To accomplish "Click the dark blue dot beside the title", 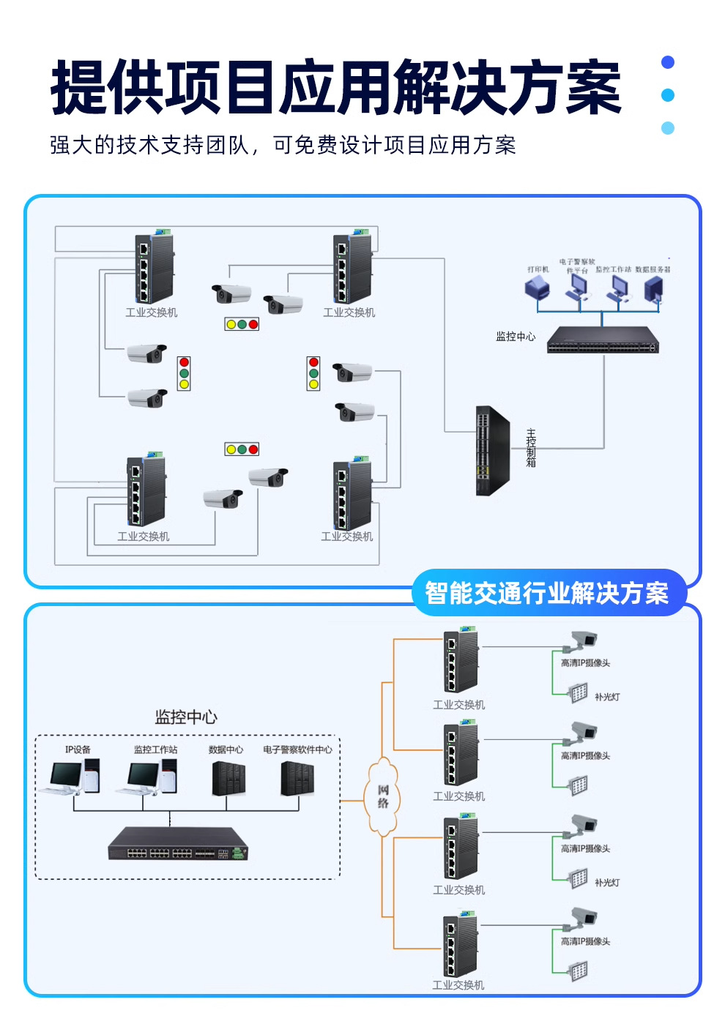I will pyautogui.click(x=667, y=62).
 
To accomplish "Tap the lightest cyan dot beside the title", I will pyautogui.click(x=667, y=128).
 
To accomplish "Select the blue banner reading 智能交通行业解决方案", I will pyautogui.click(x=547, y=593).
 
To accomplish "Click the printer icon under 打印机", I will pyautogui.click(x=537, y=288).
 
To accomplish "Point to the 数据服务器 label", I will pyautogui.click(x=652, y=269).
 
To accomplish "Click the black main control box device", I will pyautogui.click(x=492, y=451).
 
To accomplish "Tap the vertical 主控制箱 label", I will pyautogui.click(x=531, y=448).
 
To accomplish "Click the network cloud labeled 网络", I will pyautogui.click(x=382, y=796).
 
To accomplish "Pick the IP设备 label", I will pyautogui.click(x=78, y=750).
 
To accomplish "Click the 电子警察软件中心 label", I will pyautogui.click(x=297, y=750).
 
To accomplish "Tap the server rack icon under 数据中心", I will pyautogui.click(x=228, y=779).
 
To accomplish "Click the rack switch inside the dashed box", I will pyautogui.click(x=179, y=844).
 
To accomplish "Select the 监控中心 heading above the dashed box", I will pyautogui.click(x=186, y=717).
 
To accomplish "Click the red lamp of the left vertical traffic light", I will pyautogui.click(x=184, y=362).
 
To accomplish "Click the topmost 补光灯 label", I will pyautogui.click(x=606, y=697).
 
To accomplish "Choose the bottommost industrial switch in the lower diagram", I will pyautogui.click(x=460, y=946).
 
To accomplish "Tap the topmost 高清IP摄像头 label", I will pyautogui.click(x=585, y=663).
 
